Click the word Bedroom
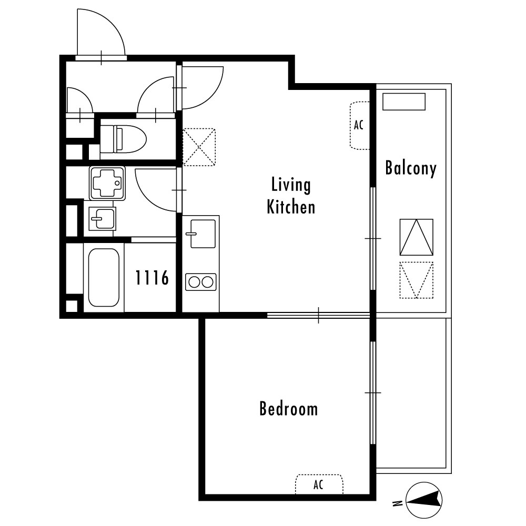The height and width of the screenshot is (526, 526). pyautogui.click(x=288, y=409)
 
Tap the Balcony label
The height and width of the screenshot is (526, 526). pyautogui.click(x=411, y=168)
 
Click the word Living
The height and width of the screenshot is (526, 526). pyautogui.click(x=291, y=185)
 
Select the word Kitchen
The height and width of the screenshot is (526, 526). pyautogui.click(x=291, y=207)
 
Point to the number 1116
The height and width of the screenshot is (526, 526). pyautogui.click(x=152, y=278)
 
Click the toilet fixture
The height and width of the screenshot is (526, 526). pyautogui.click(x=123, y=139)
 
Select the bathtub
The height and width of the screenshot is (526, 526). pyautogui.click(x=104, y=277)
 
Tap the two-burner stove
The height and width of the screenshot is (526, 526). pyautogui.click(x=200, y=282)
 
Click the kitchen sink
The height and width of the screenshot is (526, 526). pyautogui.click(x=203, y=234)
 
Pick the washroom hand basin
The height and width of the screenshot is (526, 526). pyautogui.click(x=103, y=218)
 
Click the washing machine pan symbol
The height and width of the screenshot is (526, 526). pyautogui.click(x=107, y=183)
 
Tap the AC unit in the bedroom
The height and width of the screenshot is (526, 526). pyautogui.click(x=319, y=484)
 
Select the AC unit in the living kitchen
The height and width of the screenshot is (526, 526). pyautogui.click(x=360, y=126)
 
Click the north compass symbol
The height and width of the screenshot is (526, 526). pyautogui.click(x=424, y=500)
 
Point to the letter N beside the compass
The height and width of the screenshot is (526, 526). pyautogui.click(x=398, y=503)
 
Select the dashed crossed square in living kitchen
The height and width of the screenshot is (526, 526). pyautogui.click(x=199, y=147)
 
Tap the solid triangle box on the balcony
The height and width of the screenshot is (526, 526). pyautogui.click(x=416, y=237)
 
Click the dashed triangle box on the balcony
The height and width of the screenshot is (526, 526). pyautogui.click(x=416, y=280)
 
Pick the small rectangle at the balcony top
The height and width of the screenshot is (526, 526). pyautogui.click(x=404, y=102)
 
